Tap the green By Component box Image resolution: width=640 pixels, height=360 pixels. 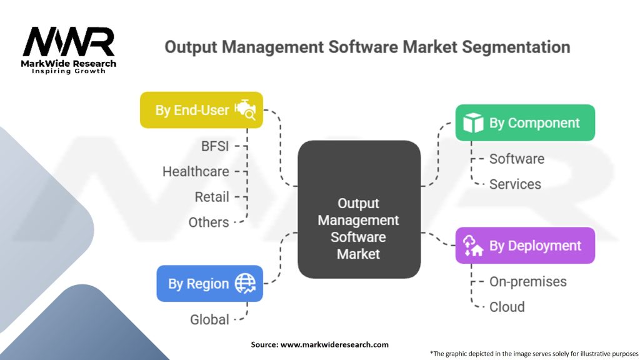tap(524, 122)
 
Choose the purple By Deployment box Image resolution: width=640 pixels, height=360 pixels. tap(524, 246)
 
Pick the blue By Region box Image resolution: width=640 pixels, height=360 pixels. tap(209, 283)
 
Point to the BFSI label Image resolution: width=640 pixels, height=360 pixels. tap(214, 147)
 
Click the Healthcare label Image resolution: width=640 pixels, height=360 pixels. tap(196, 171)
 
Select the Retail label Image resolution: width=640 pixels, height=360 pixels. tap(212, 197)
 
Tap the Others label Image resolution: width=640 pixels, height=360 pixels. tap(209, 222)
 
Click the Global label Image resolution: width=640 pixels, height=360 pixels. tap(209, 319)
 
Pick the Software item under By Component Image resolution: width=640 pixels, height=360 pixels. tap(516, 159)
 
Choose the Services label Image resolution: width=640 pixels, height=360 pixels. tap(515, 184)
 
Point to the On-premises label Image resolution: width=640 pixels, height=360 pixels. tap(527, 282)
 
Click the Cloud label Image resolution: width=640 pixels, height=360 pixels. tap(507, 307)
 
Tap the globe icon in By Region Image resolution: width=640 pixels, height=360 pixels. tap(245, 284)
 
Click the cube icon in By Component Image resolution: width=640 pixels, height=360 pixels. tap(473, 123)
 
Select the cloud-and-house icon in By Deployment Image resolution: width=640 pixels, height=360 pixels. tap(473, 246)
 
